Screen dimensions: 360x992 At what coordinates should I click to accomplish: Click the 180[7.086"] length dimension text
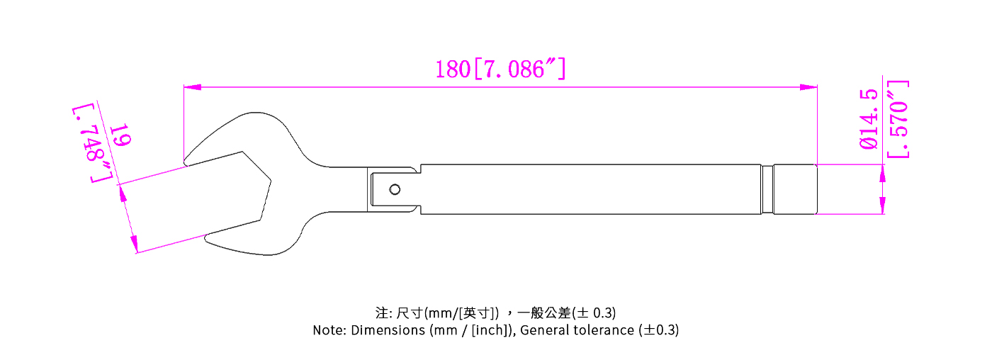tap(500, 69)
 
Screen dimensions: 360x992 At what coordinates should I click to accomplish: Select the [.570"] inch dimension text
tap(898, 119)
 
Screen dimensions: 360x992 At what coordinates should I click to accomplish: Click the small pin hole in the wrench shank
tap(394, 189)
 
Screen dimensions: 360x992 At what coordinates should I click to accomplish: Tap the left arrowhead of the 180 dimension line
tap(192, 87)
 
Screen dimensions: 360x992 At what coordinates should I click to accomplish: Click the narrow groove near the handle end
tap(768, 189)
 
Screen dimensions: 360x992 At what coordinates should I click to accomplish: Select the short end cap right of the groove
tap(795, 189)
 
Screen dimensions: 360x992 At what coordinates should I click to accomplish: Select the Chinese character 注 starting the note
tap(381, 313)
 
